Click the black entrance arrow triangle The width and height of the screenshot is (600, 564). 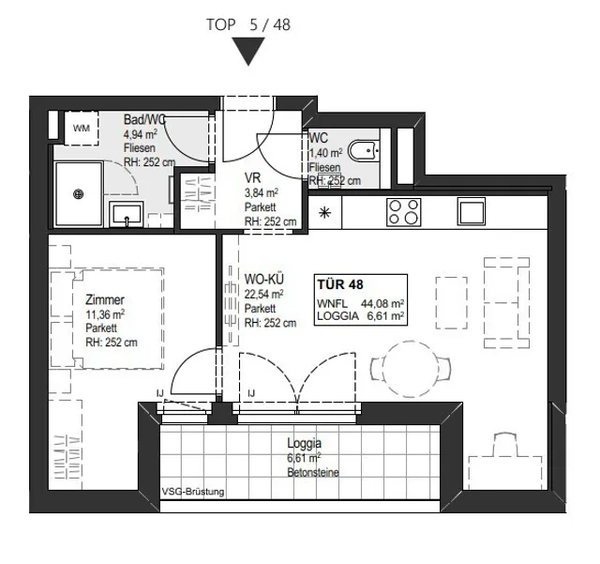[x=248, y=50]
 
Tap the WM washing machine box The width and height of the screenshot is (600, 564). [x=82, y=128]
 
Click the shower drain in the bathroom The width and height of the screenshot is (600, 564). [x=78, y=194]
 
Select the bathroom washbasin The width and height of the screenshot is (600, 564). [x=127, y=214]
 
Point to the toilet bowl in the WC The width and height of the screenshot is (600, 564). [x=364, y=151]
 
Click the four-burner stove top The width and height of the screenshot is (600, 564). [x=404, y=212]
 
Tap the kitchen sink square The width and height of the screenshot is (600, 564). [x=472, y=211]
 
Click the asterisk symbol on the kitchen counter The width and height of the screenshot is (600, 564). [x=325, y=212]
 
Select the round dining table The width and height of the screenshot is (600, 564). [x=411, y=369]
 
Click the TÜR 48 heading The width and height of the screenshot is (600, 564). [x=339, y=284]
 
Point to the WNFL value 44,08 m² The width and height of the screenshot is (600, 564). [x=382, y=304]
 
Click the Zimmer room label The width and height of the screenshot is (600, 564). [x=105, y=299]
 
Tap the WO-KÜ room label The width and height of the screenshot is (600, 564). [x=264, y=279]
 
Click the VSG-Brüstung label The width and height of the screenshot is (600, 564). [x=193, y=492]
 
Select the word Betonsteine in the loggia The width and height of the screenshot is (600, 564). [x=313, y=472]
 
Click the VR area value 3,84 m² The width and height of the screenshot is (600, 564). [x=261, y=192]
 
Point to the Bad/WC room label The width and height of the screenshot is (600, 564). [x=144, y=119]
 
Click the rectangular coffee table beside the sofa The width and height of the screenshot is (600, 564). [x=452, y=303]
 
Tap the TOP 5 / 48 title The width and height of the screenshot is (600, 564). [x=248, y=25]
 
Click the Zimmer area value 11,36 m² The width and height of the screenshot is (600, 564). [x=105, y=314]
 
